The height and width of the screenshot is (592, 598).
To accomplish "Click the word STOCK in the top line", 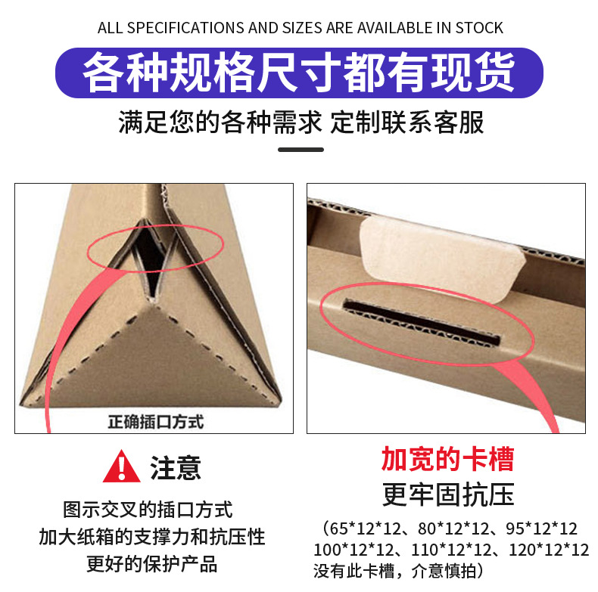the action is (479, 28).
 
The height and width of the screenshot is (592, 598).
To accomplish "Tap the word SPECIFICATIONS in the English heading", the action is (185, 28).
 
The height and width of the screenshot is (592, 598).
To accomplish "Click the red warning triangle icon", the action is (122, 466).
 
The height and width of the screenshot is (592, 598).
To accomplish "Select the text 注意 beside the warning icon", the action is (176, 467).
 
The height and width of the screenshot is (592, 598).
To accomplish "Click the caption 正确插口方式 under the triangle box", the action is (156, 422).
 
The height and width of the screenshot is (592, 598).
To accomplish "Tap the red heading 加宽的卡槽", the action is (447, 459).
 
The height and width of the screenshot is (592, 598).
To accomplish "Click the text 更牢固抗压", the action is (448, 494).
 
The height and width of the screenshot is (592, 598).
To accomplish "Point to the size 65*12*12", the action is (365, 528).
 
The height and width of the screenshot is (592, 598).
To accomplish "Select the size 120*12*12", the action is (550, 550).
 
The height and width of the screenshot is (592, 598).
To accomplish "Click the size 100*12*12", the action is (354, 550).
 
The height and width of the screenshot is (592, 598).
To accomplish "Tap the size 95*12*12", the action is (541, 528).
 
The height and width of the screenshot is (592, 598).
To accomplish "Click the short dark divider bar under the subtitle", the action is (301, 150).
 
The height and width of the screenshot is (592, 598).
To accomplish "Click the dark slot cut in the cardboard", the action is (421, 322).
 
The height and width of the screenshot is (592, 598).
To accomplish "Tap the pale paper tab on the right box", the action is (442, 259).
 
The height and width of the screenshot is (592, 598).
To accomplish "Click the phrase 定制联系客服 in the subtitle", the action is (407, 122).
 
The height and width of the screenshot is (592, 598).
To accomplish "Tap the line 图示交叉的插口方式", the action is (148, 510).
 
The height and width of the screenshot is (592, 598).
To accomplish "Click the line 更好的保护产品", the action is (152, 564).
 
